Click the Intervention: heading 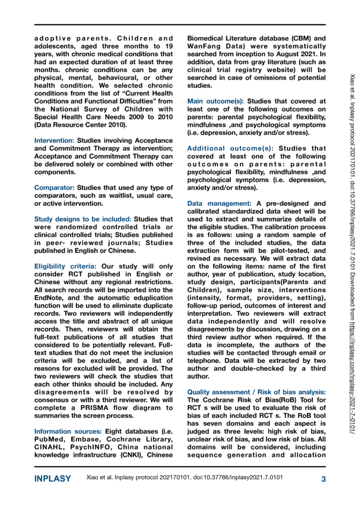pos(54,141)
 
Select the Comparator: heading pos(54,187)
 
